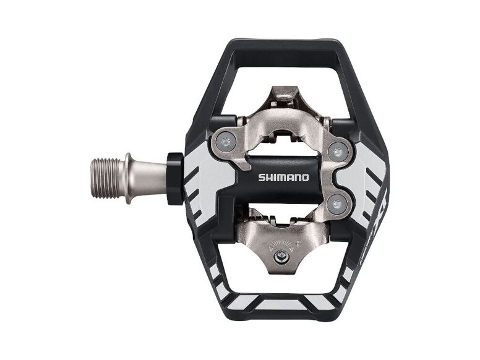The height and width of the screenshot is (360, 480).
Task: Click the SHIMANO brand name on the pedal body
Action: coord(283,178)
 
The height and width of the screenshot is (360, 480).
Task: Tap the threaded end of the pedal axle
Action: coord(109,176)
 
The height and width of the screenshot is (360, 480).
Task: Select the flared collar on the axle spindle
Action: coord(128,177)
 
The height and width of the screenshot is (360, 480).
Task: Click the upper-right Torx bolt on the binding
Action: coord(338,150)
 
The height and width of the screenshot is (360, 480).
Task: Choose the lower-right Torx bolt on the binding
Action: coord(338,204)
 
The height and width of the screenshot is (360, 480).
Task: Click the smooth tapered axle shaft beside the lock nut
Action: coord(152,177)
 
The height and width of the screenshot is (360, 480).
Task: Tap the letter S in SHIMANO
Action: coord(261,178)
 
